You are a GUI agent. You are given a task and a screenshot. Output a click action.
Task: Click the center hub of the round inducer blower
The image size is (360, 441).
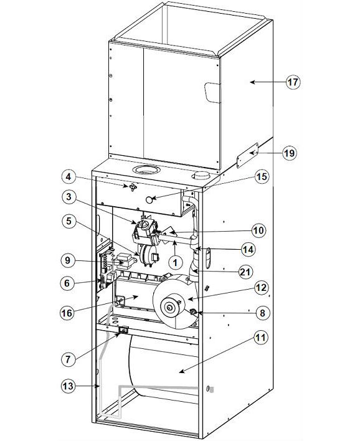(168, 306)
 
